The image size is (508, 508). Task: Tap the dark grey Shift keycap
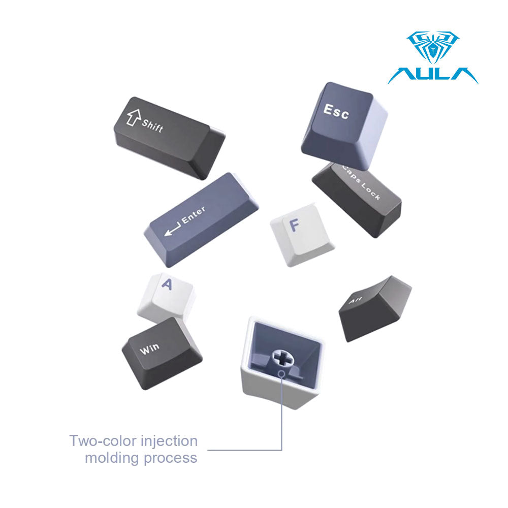tap(170, 138)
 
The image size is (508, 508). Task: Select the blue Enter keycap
tap(201, 219)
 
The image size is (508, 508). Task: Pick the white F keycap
tap(302, 235)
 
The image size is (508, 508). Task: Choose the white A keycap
tap(166, 298)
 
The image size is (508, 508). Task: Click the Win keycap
tap(162, 353)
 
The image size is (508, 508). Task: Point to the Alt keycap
tap(375, 308)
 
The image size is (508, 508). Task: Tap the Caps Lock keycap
tap(357, 199)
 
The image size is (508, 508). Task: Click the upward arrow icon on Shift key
tap(134, 117)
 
